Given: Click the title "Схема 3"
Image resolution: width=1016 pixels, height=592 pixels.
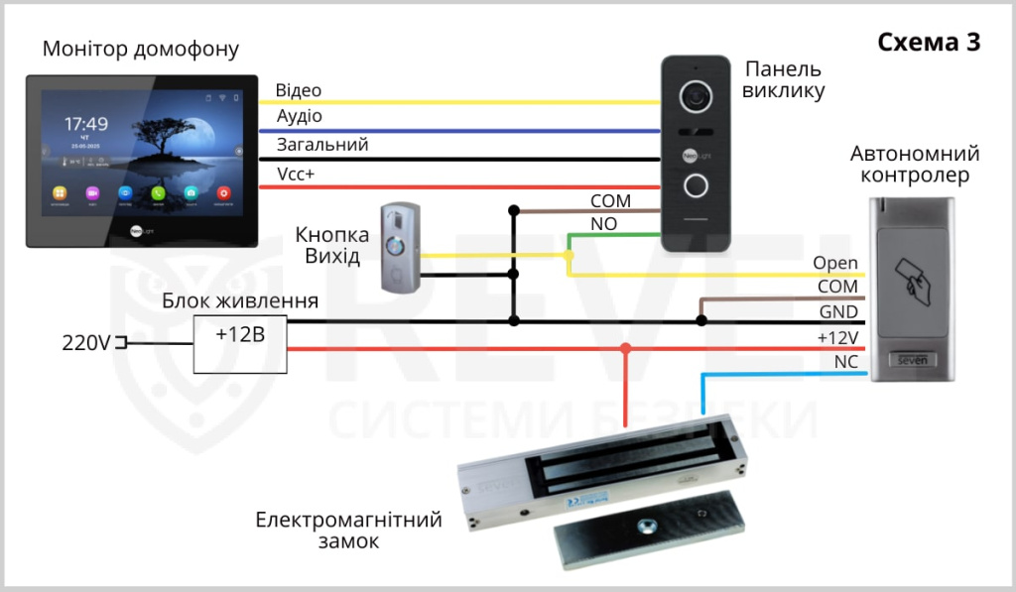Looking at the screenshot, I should coord(929,42).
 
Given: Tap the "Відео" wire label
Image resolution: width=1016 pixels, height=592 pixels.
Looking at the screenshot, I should coord(299,90).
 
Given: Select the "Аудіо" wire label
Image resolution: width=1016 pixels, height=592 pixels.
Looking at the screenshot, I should coord(299,117).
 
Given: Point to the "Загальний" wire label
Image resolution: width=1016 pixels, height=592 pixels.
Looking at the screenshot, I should coord(322,145).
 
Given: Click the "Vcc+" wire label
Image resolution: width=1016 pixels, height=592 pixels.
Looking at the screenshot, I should coord(296,174).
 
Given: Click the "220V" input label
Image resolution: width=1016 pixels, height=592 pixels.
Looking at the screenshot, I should coord(85,343).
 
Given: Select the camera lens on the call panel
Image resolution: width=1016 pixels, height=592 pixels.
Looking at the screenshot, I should coord(697,96).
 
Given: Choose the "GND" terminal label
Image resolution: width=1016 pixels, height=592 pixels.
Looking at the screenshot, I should coord(837,312).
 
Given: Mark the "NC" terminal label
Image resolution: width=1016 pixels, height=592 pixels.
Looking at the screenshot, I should coord(845,363).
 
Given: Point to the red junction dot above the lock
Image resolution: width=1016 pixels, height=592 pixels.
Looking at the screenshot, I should coord(625,348).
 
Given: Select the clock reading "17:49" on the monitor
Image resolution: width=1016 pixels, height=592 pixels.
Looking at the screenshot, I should coord(86,124).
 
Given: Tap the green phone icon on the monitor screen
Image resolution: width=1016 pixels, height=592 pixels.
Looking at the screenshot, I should coord(158,192).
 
